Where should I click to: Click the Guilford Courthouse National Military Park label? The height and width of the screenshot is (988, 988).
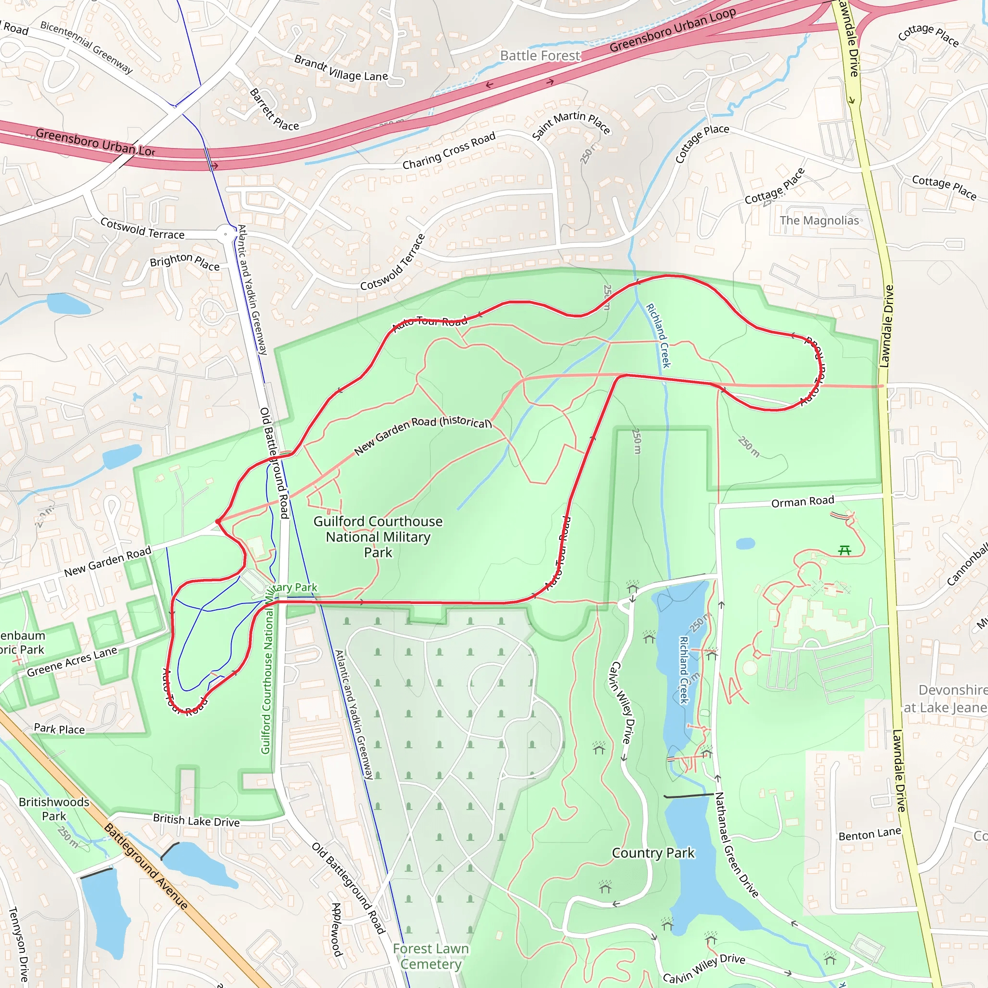coord(378,536)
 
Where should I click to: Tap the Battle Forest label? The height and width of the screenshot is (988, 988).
coord(540,56)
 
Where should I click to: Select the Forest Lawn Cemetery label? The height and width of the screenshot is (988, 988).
coord(431,956)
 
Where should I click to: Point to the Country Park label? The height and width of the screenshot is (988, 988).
coord(653,853)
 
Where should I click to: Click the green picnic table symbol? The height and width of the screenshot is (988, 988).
coord(844,550)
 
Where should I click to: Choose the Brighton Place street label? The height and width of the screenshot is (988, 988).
coord(185,262)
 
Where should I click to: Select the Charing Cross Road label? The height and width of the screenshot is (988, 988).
coord(449,151)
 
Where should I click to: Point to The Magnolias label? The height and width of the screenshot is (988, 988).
coord(819,220)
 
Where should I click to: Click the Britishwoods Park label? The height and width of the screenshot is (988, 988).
coord(54,809)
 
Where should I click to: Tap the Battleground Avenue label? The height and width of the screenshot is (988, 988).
coord(146,866)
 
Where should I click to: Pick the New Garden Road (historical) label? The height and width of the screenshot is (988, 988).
coord(423,434)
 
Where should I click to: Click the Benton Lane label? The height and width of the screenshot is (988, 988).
coord(869,834)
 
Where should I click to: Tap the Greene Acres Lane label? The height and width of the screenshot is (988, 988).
coord(72,661)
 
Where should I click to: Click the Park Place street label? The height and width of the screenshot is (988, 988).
coord(59,729)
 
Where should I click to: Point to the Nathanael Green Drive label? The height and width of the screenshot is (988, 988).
coord(736,844)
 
